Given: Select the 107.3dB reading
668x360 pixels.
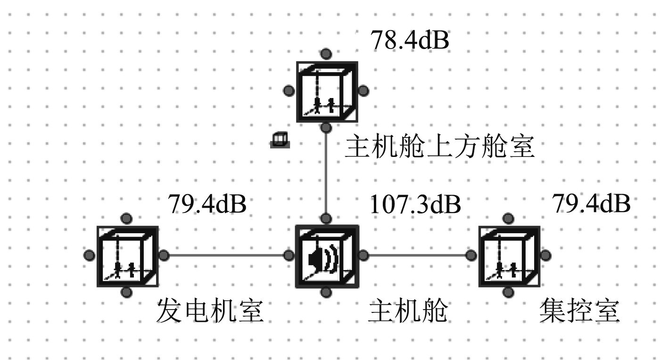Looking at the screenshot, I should coord(415,205).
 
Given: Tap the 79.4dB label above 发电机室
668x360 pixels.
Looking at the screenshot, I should coord(207,205).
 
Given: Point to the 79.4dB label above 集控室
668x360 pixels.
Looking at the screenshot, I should coord(591,204).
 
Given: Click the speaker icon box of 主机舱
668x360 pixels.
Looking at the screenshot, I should coord(325,256).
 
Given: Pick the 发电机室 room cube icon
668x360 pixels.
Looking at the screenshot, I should coord(126,256).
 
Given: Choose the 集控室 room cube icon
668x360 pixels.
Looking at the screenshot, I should coord(508,256).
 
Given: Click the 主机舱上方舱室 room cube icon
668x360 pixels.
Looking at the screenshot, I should coord(325,91).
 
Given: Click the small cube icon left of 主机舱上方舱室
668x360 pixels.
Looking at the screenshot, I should coord(280,140).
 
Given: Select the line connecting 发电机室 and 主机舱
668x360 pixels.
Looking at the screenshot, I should coord(226,256).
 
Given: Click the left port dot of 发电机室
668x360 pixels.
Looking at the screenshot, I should coord(89,255).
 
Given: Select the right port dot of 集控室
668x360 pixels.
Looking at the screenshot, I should coord(545,255).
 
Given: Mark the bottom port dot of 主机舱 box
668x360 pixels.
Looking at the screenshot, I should coord(325,293).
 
